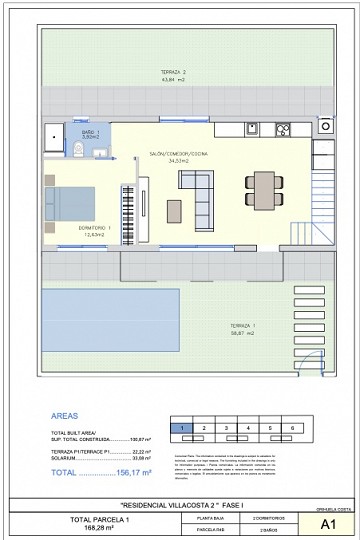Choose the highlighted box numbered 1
[182, 427]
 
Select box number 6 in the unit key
[292, 427]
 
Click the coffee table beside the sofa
[175, 211]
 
